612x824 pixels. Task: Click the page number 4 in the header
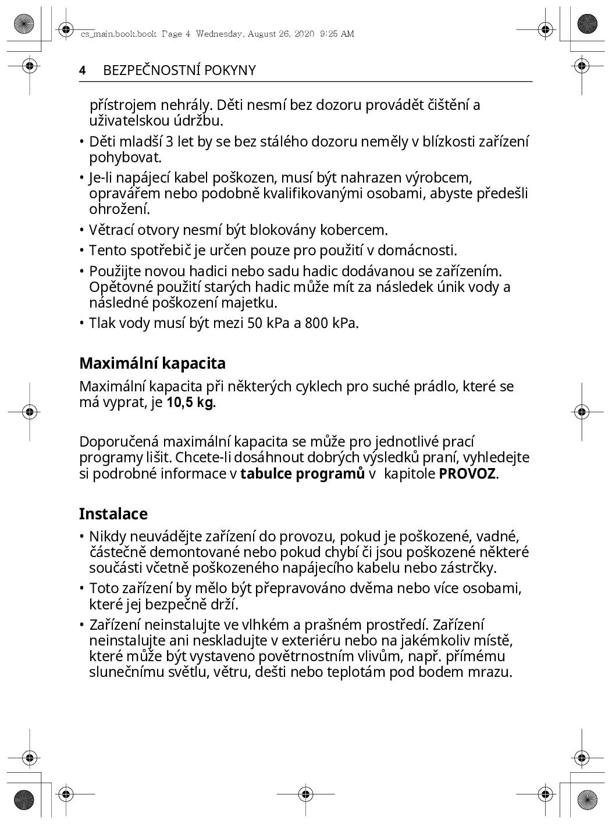tap(83, 70)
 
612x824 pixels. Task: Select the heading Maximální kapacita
tap(152, 363)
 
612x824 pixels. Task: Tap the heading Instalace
tap(113, 514)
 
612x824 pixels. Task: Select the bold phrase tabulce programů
tap(303, 473)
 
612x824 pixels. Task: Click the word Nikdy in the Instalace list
tap(108, 536)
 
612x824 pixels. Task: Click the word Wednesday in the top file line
tap(220, 34)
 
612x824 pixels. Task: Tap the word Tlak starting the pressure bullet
tap(102, 323)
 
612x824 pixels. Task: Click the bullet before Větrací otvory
tap(82, 230)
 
